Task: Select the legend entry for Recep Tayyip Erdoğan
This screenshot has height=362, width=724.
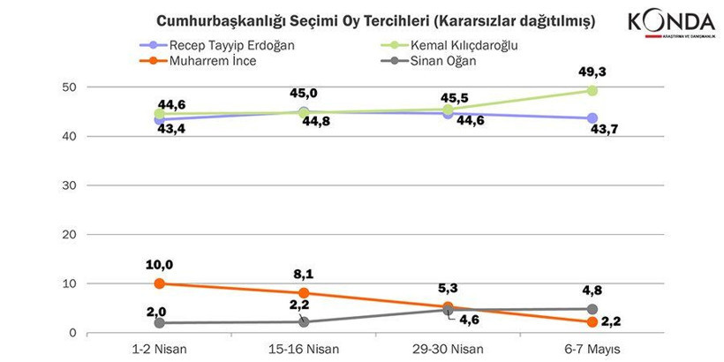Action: tap(221, 44)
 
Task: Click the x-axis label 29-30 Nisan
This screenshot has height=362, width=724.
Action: tap(448, 349)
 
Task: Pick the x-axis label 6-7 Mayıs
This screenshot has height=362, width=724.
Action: tap(592, 349)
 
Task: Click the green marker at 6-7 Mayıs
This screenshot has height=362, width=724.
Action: tap(592, 91)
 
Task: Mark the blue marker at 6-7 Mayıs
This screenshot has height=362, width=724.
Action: tap(592, 118)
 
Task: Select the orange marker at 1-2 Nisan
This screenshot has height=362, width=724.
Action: tap(159, 283)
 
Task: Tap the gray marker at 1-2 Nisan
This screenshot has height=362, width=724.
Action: tap(159, 323)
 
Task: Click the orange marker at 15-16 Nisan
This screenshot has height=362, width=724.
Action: tap(303, 293)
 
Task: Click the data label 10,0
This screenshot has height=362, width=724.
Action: tap(159, 264)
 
